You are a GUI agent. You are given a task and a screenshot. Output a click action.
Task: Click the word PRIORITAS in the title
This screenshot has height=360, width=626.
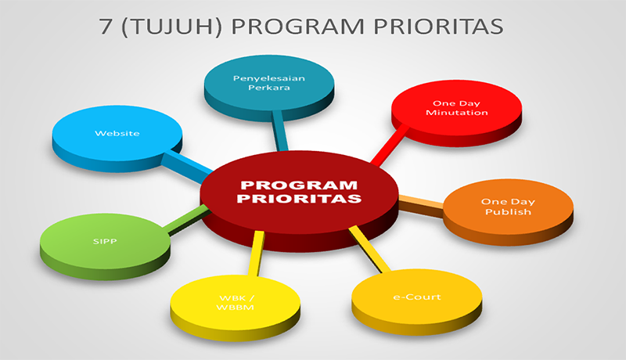click(x=438, y=27)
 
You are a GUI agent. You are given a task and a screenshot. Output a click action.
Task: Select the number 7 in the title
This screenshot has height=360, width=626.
click(x=106, y=27)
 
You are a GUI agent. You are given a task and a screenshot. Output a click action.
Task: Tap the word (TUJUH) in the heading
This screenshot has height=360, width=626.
click(x=171, y=27)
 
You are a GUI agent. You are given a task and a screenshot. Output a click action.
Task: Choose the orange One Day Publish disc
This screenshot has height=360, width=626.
click(x=508, y=212)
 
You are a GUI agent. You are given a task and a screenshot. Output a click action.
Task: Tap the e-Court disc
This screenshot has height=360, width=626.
click(x=417, y=302)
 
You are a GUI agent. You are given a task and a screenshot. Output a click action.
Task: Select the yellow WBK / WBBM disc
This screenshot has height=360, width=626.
click(x=236, y=308)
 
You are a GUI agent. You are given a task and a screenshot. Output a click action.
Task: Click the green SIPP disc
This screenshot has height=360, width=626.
click(x=105, y=247)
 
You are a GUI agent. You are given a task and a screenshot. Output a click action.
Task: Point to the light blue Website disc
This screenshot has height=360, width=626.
click(x=117, y=139)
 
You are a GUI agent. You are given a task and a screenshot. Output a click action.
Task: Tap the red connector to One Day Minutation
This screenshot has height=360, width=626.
click(x=390, y=145)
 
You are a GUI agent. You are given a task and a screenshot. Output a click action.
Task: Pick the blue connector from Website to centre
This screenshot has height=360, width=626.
click(x=187, y=167)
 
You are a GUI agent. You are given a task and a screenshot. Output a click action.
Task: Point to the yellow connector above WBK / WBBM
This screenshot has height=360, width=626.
click(x=256, y=254)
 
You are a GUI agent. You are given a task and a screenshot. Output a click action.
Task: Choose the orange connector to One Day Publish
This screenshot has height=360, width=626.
click(x=421, y=206)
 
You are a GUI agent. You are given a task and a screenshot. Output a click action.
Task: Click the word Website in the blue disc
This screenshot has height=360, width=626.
click(x=117, y=133)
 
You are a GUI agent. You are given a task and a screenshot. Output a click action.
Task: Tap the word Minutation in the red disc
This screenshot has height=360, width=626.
click(x=457, y=113)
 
